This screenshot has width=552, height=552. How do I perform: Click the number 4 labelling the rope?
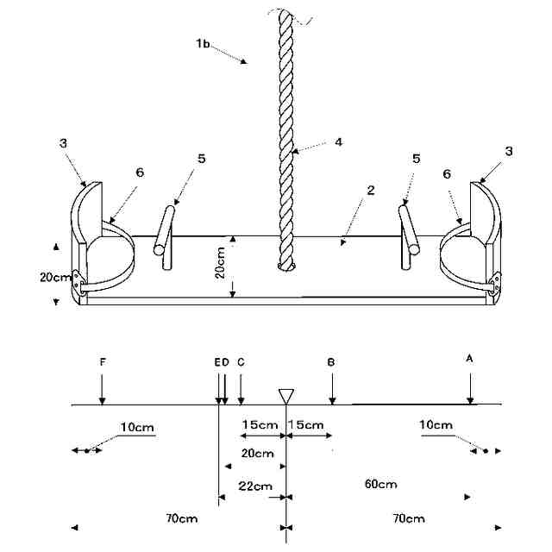pyautogui.click(x=339, y=141)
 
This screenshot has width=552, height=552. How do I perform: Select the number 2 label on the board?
pyautogui.click(x=370, y=190)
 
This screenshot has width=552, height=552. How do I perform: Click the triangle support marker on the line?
pyautogui.click(x=286, y=395)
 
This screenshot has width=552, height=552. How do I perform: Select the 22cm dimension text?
pyautogui.click(x=255, y=486)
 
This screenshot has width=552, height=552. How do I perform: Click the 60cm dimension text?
pyautogui.click(x=381, y=484)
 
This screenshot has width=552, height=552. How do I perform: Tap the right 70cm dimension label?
pyautogui.click(x=408, y=518)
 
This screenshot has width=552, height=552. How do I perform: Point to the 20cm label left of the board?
pyautogui.click(x=55, y=277)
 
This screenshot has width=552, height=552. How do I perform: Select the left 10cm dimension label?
pyautogui.click(x=137, y=426)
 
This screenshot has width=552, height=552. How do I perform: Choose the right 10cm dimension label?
pyautogui.click(x=436, y=425)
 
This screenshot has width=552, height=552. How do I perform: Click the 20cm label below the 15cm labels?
pyautogui.click(x=258, y=453)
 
